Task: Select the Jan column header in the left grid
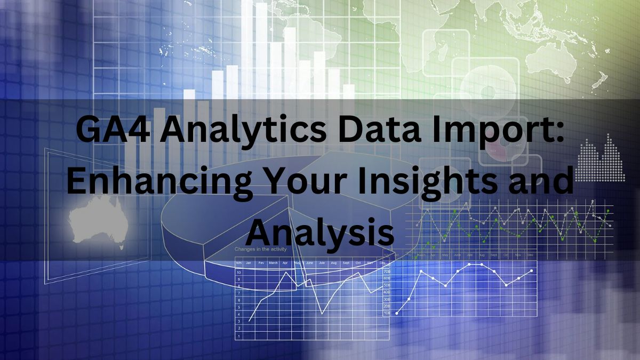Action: [x=249, y=263]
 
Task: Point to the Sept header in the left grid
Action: [x=346, y=263]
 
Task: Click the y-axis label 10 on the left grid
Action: [x=239, y=273]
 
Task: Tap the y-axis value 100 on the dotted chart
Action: [x=387, y=313]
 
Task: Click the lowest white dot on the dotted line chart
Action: [x=397, y=313]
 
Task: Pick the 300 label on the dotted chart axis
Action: [x=387, y=299]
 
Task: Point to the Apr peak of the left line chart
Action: [x=287, y=273]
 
